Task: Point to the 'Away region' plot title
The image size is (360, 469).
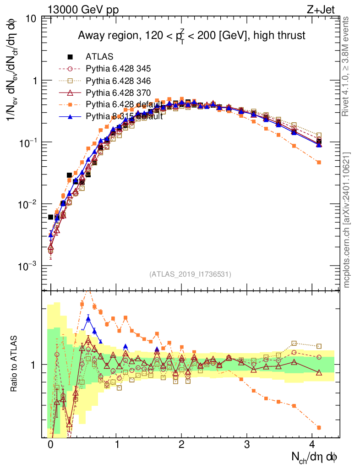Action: click(191, 35)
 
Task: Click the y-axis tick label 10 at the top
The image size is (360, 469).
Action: click(32, 19)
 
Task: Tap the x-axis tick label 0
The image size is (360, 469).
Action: click(50, 444)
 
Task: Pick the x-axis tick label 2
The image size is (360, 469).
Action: click(182, 444)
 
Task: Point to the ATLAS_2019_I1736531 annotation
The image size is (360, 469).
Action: click(190, 274)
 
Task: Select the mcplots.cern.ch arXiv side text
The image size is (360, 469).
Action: click(347, 220)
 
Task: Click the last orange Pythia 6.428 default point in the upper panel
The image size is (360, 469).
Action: click(319, 162)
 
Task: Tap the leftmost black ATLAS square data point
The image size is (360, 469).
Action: click(50, 217)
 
